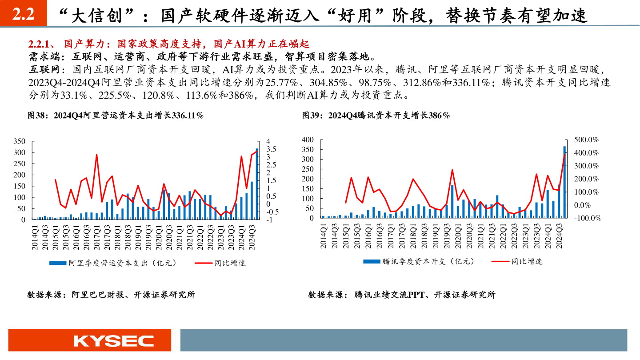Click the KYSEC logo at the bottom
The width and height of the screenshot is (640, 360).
pyautogui.click(x=113, y=341)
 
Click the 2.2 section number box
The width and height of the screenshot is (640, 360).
pyautogui.click(x=23, y=15)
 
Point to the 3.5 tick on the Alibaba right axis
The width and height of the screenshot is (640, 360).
pyautogui.click(x=270, y=149)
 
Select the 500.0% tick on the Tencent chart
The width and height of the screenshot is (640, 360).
pyautogui.click(x=586, y=140)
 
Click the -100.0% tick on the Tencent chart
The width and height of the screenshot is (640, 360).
pyautogui.click(x=587, y=218)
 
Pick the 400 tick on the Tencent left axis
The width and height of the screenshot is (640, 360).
pyautogui.click(x=308, y=140)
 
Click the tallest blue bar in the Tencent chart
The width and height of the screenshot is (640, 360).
pyautogui.click(x=564, y=182)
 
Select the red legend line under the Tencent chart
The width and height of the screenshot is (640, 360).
pyautogui.click(x=500, y=261)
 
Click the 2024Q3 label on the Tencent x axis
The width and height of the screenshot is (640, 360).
pyautogui.click(x=559, y=236)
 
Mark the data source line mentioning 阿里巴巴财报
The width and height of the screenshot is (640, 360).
pyautogui.click(x=111, y=295)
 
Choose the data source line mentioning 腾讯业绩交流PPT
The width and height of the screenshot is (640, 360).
pyautogui.click(x=402, y=295)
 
